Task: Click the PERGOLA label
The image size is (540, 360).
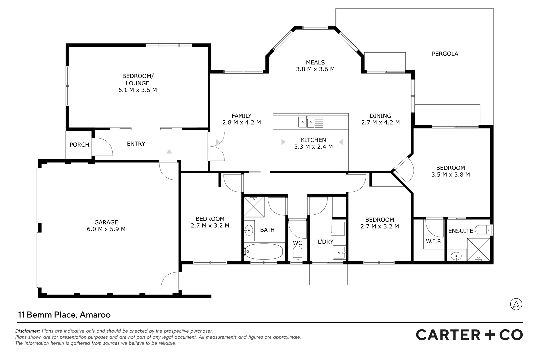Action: [445, 54]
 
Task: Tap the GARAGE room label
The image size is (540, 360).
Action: [106, 222]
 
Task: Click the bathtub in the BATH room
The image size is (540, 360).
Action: [264, 251]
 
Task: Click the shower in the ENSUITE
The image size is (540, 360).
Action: [478, 249]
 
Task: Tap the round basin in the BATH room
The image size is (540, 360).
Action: [248, 230]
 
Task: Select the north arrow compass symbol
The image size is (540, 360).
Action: [516, 304]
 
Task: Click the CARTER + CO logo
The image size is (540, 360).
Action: [469, 335]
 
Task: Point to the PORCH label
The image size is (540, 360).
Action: [79, 145]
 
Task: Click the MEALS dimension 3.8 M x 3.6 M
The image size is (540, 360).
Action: [315, 69]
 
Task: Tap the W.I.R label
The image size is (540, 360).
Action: [433, 241]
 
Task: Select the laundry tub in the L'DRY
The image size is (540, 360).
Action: [339, 252]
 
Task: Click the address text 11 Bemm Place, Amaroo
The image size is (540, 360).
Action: [64, 315]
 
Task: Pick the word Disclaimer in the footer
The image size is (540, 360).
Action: [27, 331]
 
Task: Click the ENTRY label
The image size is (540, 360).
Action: [136, 144]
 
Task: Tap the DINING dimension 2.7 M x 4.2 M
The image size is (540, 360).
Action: [380, 123]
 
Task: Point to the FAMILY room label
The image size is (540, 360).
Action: [241, 116]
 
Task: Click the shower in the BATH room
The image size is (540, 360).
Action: [254, 207]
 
